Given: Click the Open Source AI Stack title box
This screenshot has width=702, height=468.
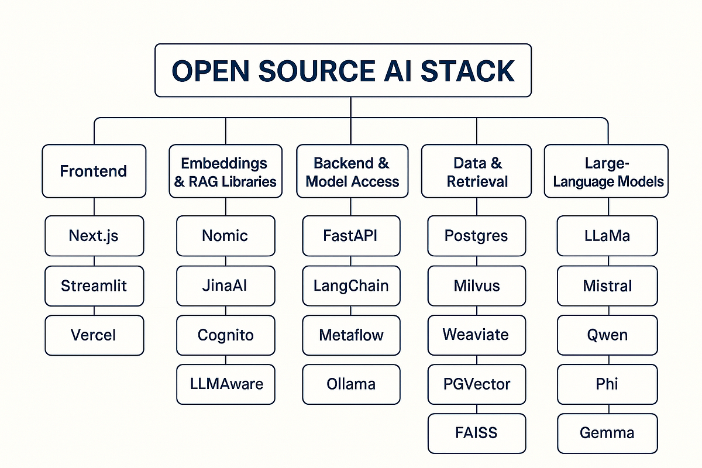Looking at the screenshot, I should tap(343, 70).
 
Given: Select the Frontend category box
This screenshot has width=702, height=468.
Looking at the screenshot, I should tap(94, 171).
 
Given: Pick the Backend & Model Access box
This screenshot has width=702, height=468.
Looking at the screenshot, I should tap(352, 171).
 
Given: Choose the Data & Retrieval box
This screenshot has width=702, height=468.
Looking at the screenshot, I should tap(477, 171).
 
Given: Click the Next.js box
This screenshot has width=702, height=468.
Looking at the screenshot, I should tap(94, 236).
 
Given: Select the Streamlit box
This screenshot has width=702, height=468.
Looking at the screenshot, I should tap(94, 285).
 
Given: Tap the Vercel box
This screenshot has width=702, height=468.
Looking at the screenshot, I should tap(94, 335).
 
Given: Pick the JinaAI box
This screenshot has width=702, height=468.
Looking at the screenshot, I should tap(225, 285).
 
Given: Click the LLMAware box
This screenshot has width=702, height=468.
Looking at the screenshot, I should tap(225, 384).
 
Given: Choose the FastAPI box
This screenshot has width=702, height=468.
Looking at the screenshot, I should tap(352, 236).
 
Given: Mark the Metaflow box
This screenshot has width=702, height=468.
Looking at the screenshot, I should tap(352, 335).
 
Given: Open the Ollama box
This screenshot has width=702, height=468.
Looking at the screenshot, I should tap(352, 384).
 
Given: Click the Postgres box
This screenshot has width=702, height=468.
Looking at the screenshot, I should tap(477, 236).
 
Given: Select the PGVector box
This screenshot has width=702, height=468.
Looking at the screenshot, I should tap(477, 384).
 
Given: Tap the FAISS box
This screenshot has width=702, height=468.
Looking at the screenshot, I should tap(477, 433).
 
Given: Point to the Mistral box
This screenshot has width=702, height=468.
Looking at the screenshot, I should tap(608, 285).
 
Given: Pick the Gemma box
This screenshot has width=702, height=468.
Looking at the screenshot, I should tap(608, 433).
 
